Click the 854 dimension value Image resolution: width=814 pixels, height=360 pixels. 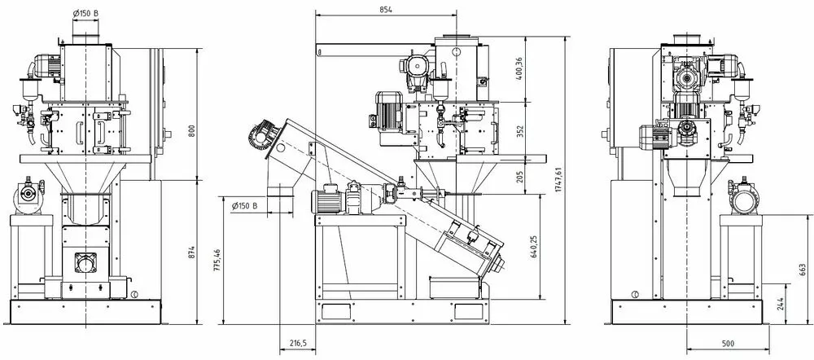386,9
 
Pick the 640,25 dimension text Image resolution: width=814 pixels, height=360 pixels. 536,248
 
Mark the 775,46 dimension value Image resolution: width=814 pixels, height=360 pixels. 217,260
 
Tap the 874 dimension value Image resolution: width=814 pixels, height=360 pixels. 191,252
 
